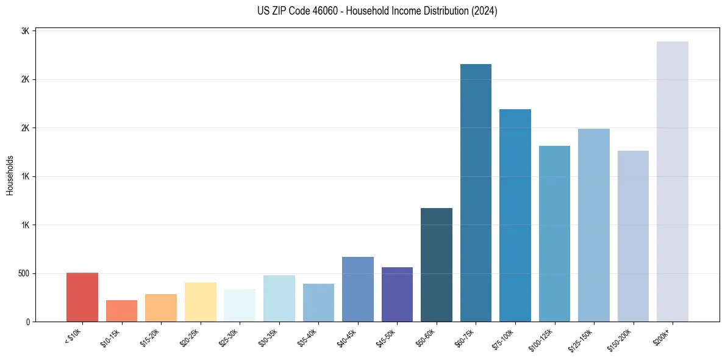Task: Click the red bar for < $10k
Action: pyautogui.click(x=82, y=297)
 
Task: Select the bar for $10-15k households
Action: pyautogui.click(x=121, y=311)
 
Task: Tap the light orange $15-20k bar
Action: pyautogui.click(x=161, y=308)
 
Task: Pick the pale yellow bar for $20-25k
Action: pyautogui.click(x=201, y=302)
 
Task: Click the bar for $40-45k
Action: pyautogui.click(x=358, y=289)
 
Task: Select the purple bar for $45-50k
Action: pyautogui.click(x=397, y=294)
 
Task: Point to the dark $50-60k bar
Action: pyautogui.click(x=437, y=265)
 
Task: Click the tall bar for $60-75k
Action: pyautogui.click(x=476, y=193)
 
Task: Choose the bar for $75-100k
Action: pyautogui.click(x=515, y=215)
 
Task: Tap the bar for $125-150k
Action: pyautogui.click(x=594, y=225)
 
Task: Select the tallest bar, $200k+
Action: pyautogui.click(x=673, y=181)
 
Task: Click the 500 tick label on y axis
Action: pyautogui.click(x=24, y=273)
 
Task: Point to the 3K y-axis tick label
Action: pyautogui.click(x=26, y=31)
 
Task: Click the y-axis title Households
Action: pyautogui.click(x=10, y=175)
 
